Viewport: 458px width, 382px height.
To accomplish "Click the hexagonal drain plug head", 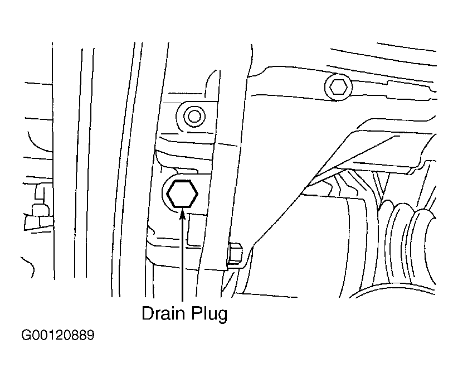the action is (x=182, y=194).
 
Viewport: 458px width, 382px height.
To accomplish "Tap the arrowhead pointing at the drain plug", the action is (x=183, y=214).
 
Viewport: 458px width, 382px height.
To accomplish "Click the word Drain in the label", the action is (x=163, y=313).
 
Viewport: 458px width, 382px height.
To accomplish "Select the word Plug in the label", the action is (x=209, y=315).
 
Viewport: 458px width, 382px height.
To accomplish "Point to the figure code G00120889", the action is (x=58, y=336).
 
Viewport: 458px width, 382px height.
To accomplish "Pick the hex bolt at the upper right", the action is (x=338, y=87).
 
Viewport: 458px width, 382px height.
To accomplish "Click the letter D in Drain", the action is (x=148, y=313).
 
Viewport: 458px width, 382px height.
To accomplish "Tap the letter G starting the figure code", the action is (x=26, y=336).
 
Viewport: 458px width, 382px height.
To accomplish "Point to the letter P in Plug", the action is (x=197, y=313).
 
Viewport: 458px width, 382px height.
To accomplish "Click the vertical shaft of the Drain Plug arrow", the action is (x=183, y=257).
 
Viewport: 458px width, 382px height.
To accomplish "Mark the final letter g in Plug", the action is (x=222, y=317).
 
